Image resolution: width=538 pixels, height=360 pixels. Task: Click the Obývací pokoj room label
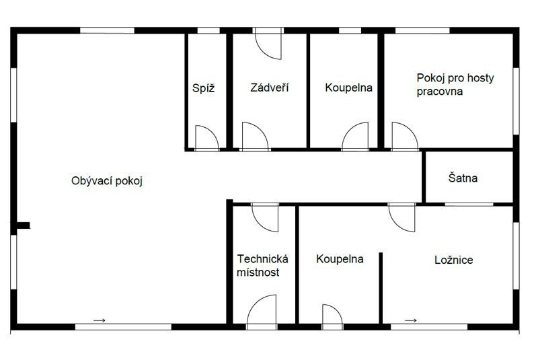[x=108, y=181]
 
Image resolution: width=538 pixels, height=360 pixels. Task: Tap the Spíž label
[x=203, y=87]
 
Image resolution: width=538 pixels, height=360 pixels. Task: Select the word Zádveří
[x=270, y=87]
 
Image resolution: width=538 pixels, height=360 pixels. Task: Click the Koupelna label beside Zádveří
[x=348, y=87]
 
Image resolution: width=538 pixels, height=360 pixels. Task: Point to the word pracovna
[x=440, y=92]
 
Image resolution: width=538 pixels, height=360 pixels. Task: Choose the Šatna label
[x=463, y=178]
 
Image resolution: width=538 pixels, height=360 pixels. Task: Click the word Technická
[x=262, y=259]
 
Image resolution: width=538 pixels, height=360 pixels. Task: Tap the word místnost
[x=258, y=273]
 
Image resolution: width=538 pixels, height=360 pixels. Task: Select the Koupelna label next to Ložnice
[x=340, y=259]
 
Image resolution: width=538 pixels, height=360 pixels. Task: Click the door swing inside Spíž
[x=206, y=137]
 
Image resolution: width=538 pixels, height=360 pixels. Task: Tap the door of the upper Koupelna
[x=356, y=137]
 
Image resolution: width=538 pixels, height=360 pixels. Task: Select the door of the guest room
[x=403, y=136]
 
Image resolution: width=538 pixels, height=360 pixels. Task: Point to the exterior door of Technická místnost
[x=262, y=310]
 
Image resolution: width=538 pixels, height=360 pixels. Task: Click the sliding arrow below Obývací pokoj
[x=100, y=320]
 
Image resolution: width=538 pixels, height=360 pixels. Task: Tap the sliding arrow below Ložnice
[x=410, y=320]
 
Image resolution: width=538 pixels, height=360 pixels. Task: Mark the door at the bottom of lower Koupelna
[x=333, y=315]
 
